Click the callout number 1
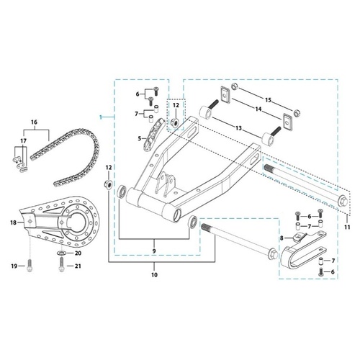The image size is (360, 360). [x=101, y=115]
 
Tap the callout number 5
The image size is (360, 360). [x=140, y=138]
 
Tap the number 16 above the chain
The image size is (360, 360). [x=33, y=124]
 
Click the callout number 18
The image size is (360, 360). [x=12, y=224]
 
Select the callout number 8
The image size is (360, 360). [x=282, y=238]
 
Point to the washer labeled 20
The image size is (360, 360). [x=60, y=253]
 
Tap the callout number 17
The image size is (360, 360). [x=23, y=141]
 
